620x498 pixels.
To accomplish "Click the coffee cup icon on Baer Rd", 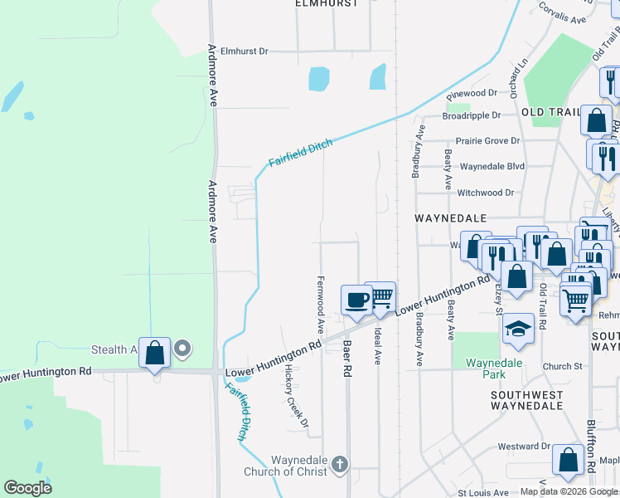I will coord(356,300).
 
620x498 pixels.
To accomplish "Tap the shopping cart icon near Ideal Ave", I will coord(380,296).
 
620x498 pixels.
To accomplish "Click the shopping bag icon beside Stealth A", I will coord(155,353).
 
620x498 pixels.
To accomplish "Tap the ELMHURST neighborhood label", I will coord(327,4).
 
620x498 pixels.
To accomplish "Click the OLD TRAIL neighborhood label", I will coord(549,112).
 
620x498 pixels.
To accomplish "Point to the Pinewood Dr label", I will coord(471,93).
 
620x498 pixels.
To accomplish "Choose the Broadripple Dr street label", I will coord(472,115).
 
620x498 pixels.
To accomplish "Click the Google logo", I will coord(27,488).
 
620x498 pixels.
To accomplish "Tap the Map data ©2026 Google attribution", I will coord(569,491).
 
